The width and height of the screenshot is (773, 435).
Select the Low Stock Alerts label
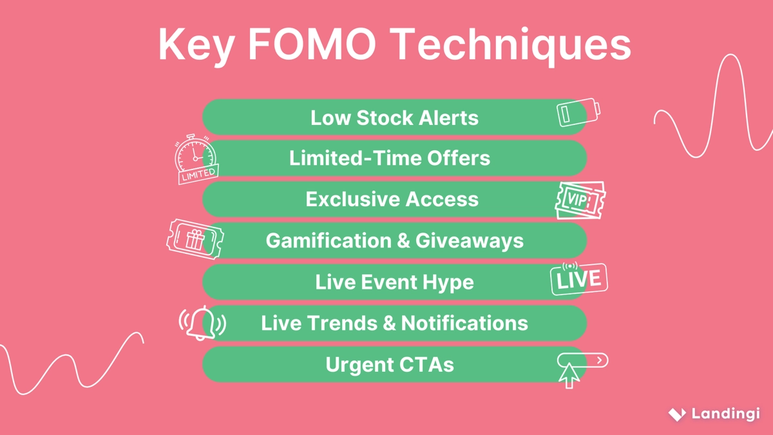tap(394, 118)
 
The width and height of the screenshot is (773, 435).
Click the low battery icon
tap(578, 113)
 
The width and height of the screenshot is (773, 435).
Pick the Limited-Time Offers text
tap(390, 158)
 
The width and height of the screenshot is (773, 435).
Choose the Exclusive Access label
tap(392, 199)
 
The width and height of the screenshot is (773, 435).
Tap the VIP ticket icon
tap(580, 200)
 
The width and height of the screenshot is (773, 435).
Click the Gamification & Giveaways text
tap(394, 240)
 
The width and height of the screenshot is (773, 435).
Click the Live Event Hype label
tap(394, 282)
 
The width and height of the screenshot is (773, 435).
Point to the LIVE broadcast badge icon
tap(578, 278)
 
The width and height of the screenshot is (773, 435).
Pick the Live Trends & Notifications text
tap(394, 323)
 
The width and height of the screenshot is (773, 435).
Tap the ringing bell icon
tap(202, 323)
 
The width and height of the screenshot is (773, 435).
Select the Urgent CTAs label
tap(390, 364)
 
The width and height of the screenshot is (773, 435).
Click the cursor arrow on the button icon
tap(568, 376)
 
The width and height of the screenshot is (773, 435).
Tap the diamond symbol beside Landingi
tap(676, 414)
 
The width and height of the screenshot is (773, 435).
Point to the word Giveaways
tap(470, 240)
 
